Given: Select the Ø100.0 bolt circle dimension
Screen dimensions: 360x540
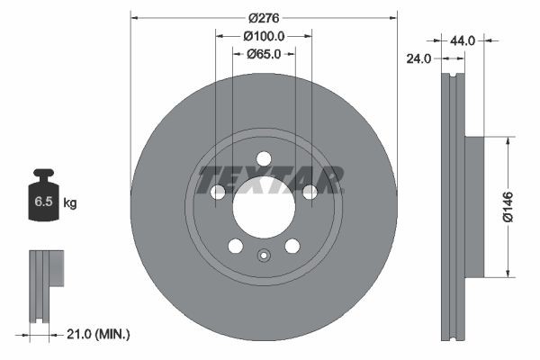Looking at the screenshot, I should pyautogui.click(x=264, y=36).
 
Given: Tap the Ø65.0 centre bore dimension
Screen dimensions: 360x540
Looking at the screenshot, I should pyautogui.click(x=264, y=54).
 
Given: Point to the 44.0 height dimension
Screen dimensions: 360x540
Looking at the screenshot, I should pyautogui.click(x=462, y=40).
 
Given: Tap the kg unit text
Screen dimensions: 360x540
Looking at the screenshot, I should pyautogui.click(x=69, y=203).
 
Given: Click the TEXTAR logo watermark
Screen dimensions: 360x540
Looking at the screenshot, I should pyautogui.click(x=270, y=179).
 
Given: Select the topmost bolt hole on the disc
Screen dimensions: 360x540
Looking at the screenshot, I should pyautogui.click(x=264, y=158).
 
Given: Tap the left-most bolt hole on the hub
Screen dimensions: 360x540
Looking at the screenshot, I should pyautogui.click(x=218, y=192).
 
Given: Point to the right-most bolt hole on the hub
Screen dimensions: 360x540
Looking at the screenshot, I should pyautogui.click(x=310, y=192).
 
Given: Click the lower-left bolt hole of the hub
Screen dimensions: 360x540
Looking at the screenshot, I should pyautogui.click(x=236, y=246).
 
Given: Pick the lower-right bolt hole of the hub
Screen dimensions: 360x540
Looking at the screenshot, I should pyautogui.click(x=292, y=246).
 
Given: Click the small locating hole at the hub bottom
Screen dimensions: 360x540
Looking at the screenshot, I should pyautogui.click(x=264, y=255).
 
